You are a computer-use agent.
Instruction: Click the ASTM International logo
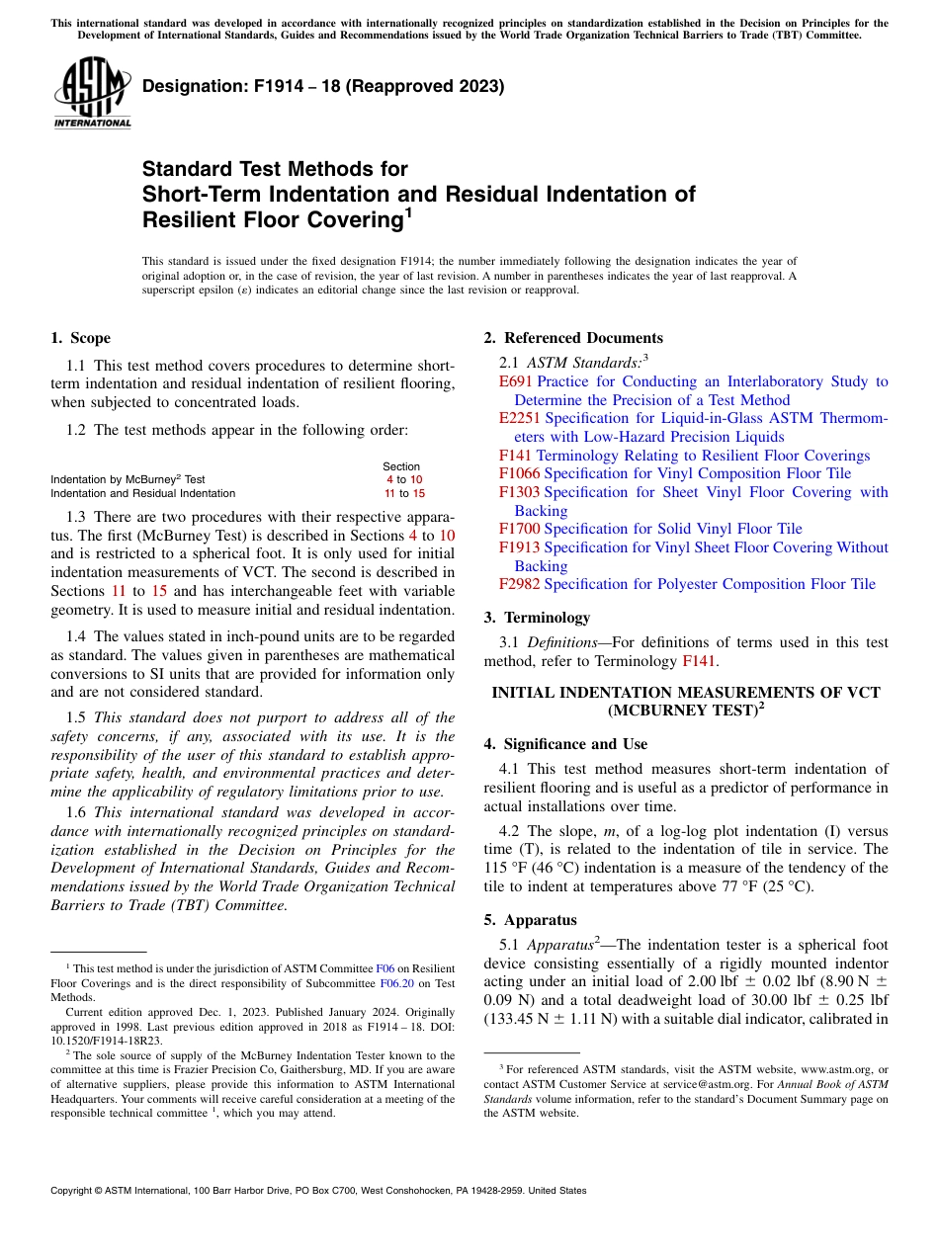coord(92,94)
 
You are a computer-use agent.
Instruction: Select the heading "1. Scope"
coord(80,338)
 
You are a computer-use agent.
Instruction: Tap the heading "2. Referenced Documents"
coord(573,338)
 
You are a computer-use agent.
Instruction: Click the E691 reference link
coord(516,381)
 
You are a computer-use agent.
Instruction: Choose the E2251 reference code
coord(520,418)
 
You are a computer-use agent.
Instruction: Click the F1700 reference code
coord(519,529)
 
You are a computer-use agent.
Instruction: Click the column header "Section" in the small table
coord(401,466)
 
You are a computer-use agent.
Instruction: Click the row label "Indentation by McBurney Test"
coord(128,479)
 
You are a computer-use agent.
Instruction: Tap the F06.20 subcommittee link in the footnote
coord(395,983)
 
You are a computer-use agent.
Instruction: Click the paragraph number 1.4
coord(77,636)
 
